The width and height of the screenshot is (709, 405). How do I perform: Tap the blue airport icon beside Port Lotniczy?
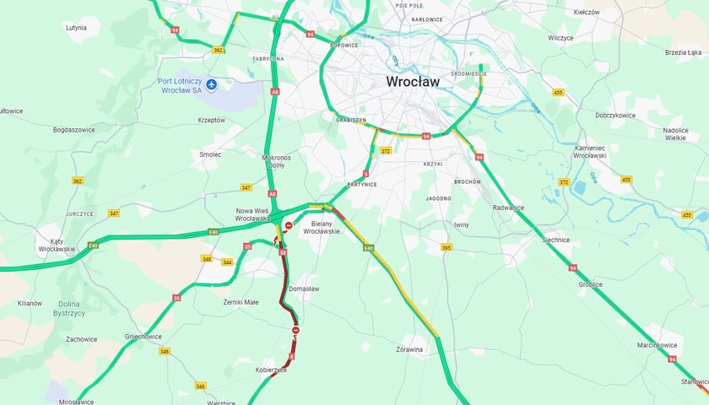click(212, 84)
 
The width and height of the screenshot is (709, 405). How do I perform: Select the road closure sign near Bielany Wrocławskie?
click(289, 226)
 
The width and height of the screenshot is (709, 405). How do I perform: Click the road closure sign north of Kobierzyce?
click(295, 330)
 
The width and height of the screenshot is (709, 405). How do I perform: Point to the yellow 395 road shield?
click(446, 247)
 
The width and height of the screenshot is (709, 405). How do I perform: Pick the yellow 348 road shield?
click(206, 258)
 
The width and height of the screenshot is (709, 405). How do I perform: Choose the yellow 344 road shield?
click(227, 262)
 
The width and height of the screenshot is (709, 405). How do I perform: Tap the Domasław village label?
click(304, 289)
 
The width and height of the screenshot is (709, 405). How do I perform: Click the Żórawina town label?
click(409, 348)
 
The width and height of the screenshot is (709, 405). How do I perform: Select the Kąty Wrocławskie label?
click(57, 245)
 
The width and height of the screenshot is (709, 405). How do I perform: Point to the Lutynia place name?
click(76, 28)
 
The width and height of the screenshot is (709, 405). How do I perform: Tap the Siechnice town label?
click(556, 240)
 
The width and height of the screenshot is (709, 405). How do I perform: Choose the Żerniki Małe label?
click(241, 301)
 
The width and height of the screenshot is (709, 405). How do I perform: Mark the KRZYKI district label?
click(433, 164)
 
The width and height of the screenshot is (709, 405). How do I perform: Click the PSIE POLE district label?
click(409, 5)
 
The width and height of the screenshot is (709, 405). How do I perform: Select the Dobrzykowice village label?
click(614, 114)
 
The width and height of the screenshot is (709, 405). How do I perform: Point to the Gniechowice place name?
click(143, 336)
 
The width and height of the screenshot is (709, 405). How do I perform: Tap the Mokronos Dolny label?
click(277, 161)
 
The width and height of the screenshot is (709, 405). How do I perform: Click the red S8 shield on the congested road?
click(284, 251)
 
